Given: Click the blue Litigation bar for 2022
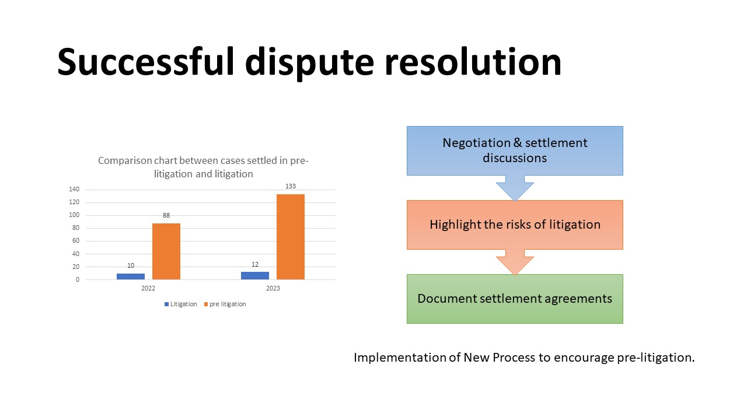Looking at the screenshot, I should [x=131, y=276].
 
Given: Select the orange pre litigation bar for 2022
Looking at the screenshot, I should [x=166, y=251].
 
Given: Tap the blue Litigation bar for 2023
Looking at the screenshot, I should [x=255, y=275].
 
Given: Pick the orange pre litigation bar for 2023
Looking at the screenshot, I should [x=291, y=237].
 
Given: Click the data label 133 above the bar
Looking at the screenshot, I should [x=291, y=186].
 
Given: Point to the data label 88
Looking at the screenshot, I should [x=166, y=215].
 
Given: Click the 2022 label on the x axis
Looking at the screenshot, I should [x=148, y=289].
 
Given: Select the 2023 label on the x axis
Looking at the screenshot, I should [x=273, y=289].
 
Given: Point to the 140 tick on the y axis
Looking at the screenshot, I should [x=74, y=190].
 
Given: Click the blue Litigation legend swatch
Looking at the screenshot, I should [x=166, y=304].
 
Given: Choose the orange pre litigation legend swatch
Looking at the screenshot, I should [x=205, y=304].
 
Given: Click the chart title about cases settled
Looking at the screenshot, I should [x=203, y=167].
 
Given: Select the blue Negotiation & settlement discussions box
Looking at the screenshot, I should [x=515, y=150].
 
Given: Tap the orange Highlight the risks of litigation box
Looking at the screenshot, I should [x=515, y=225].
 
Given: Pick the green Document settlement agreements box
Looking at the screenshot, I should [x=515, y=299].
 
